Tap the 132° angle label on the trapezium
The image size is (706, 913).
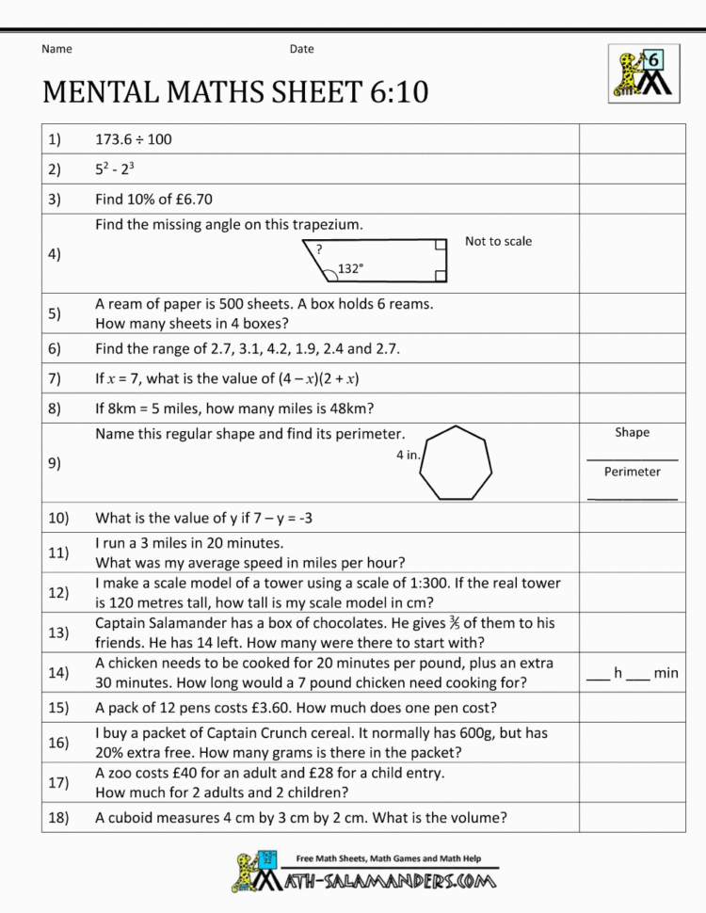350,268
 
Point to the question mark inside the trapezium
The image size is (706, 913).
320,250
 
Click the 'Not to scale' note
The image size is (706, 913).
498,241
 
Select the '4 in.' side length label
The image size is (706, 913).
408,455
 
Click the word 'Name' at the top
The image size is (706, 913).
56,49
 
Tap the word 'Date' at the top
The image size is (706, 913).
301,49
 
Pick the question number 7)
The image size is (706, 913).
53,378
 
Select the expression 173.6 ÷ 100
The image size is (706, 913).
134,139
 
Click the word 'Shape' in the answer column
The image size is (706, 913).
632,432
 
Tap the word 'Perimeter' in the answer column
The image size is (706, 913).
632,472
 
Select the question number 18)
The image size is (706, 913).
56,817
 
